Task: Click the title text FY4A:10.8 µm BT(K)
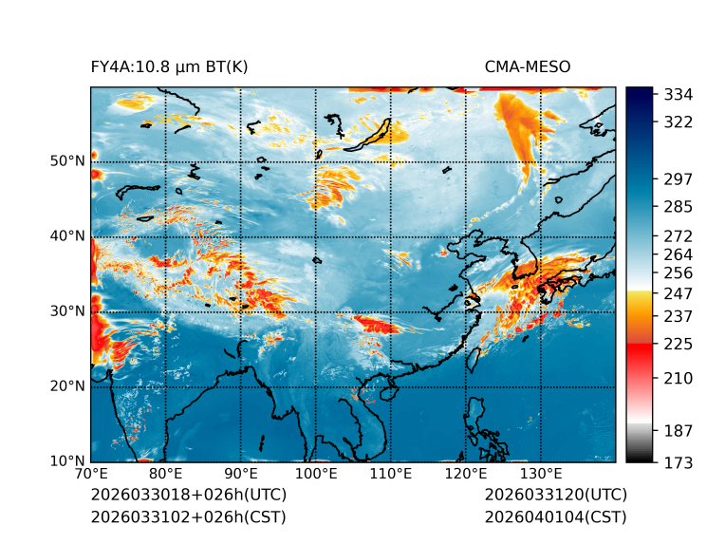169,66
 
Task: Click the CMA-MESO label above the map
527,66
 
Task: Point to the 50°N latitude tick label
66,161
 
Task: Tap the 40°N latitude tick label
66,236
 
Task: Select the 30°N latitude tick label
66,311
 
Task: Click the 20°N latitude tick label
66,386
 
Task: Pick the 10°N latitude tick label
66,461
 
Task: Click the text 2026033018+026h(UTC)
188,496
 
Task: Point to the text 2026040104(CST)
555,516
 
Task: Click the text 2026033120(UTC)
555,496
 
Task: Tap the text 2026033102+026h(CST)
188,516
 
